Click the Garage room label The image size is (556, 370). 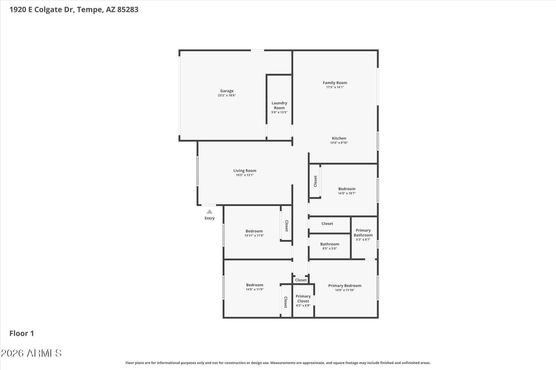point(227,91)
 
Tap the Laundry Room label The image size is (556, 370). point(279,106)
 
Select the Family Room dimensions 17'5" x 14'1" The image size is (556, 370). point(335,87)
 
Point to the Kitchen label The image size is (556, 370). point(339,138)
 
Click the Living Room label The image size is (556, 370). point(245,171)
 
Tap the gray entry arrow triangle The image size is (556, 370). point(210,211)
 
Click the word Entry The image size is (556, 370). point(210,218)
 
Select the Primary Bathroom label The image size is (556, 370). point(363,233)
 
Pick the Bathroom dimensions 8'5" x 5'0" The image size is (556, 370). point(330,249)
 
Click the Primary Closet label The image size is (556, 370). point(303,298)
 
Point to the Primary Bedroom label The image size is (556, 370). point(345,286)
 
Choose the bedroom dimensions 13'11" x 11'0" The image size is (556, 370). point(254,236)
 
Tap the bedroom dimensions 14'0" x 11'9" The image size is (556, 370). point(255,289)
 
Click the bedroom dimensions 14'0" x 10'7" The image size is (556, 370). point(347,193)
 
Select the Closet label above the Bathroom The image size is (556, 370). point(327,224)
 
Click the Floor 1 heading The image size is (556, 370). point(22,333)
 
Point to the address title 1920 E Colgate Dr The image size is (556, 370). point(42,9)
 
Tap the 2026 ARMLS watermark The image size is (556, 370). point(31,353)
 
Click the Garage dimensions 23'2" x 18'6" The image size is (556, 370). point(227,95)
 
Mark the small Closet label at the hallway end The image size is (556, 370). point(301,280)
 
